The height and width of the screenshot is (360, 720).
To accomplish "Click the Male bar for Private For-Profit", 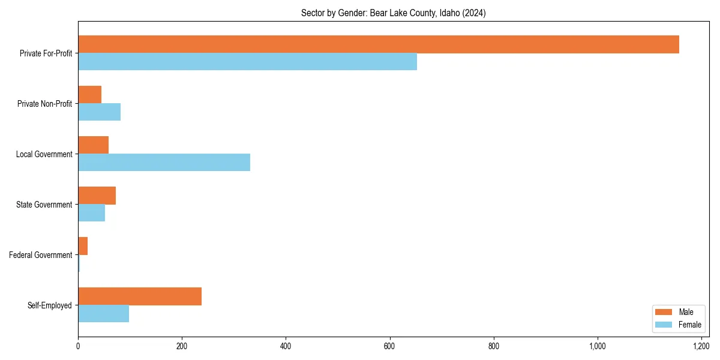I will pyautogui.click(x=378, y=44).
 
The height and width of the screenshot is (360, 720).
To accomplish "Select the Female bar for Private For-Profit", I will pyautogui.click(x=247, y=62).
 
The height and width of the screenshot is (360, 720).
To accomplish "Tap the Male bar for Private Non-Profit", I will pyautogui.click(x=89, y=95).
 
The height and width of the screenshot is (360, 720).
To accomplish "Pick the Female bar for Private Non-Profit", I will pyautogui.click(x=99, y=112).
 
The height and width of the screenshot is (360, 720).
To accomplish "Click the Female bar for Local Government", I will pyautogui.click(x=164, y=163).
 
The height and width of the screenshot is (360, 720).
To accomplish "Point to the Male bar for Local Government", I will pyautogui.click(x=93, y=145).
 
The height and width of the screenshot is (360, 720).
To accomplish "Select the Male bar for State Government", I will pyautogui.click(x=97, y=196).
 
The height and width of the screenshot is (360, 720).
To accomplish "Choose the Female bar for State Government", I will pyautogui.click(x=91, y=213).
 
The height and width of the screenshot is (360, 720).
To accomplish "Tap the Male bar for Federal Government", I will pyautogui.click(x=83, y=246).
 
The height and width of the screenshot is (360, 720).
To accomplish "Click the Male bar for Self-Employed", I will pyautogui.click(x=140, y=296).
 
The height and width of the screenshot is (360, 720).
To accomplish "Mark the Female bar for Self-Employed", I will pyautogui.click(x=103, y=314).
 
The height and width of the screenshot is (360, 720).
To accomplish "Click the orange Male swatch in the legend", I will pyautogui.click(x=664, y=312).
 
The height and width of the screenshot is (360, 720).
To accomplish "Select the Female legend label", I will pyautogui.click(x=689, y=325).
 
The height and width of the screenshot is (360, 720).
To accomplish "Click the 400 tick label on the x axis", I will pyautogui.click(x=286, y=346).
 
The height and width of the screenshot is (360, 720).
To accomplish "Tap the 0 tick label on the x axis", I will pyautogui.click(x=78, y=346).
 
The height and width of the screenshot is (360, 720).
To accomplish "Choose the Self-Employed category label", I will pyautogui.click(x=49, y=305).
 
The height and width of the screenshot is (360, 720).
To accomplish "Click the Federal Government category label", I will pyautogui.click(x=41, y=255).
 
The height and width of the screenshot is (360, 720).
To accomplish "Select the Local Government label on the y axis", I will pyautogui.click(x=44, y=154).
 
